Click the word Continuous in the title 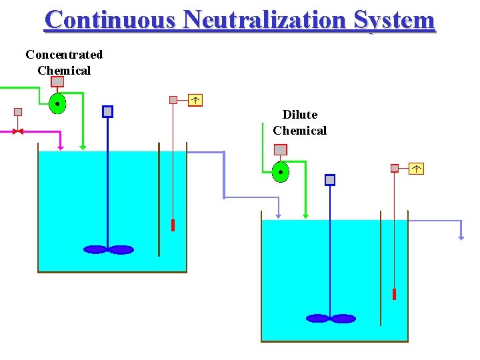(x=110, y=19)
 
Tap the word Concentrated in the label (x=64, y=55)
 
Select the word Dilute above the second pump (x=300, y=115)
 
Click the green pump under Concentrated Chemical (x=58, y=104)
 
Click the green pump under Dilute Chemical (x=281, y=172)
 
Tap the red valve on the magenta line (x=18, y=131)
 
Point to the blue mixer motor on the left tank (x=107, y=111)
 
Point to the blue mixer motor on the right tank (x=330, y=179)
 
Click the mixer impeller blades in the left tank (x=108, y=250)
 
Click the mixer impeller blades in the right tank (x=331, y=319)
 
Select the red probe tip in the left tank (x=173, y=225)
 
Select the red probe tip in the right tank (x=394, y=294)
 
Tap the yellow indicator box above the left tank (x=195, y=100)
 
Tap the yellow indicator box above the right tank (x=416, y=169)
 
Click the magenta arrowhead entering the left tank (x=61, y=147)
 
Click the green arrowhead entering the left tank (x=83, y=147)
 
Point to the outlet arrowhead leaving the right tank (x=461, y=236)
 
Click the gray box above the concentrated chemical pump (x=58, y=81)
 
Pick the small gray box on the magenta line (x=18, y=112)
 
